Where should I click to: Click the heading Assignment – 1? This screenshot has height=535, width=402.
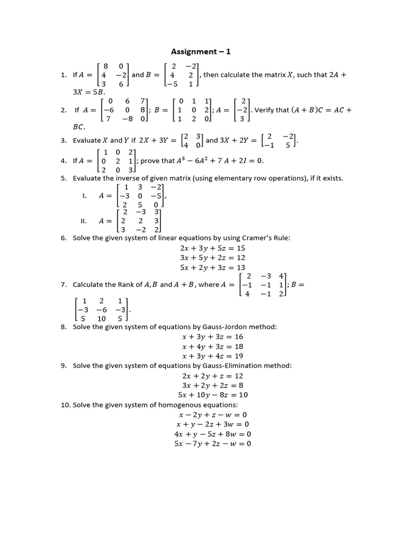[201, 51]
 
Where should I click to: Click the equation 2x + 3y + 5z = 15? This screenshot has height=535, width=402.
[213, 248]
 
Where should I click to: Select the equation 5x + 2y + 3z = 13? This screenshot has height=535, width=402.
[213, 267]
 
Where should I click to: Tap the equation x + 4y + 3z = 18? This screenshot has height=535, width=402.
[213, 346]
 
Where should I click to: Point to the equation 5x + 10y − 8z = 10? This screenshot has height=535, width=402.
[213, 395]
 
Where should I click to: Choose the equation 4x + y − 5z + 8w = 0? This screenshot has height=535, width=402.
[213, 434]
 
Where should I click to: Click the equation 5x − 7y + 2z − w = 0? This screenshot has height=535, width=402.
[213, 444]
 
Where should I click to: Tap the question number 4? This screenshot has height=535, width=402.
[63, 161]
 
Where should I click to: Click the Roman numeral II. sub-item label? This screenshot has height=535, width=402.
[83, 221]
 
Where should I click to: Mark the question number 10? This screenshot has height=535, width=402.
[65, 405]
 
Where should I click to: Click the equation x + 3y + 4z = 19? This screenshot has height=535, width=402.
[213, 356]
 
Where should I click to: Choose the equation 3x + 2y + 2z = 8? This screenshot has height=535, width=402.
[213, 386]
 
